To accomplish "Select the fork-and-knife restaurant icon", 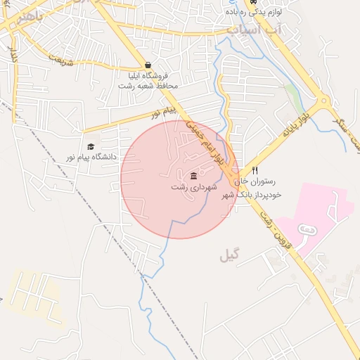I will pos(255,170).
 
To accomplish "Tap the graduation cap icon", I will pos(91,146).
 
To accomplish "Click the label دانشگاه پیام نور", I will pos(92,157).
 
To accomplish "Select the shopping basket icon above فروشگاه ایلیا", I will pos(147,64).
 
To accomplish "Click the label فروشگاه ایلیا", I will pos(148,75).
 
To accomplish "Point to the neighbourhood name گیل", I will pos(229,256).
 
